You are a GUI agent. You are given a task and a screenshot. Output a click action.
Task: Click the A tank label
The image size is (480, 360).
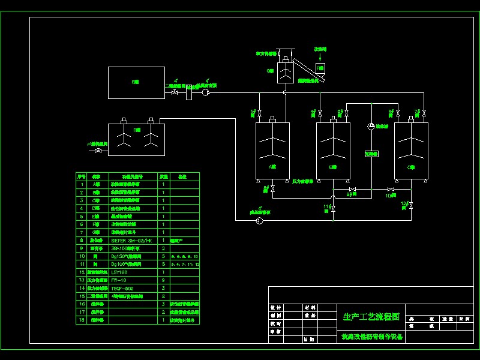click(x=271, y=167)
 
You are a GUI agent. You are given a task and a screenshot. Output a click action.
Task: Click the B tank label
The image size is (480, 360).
click(x=332, y=167)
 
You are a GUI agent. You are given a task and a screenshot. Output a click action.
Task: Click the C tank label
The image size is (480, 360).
click(x=411, y=167)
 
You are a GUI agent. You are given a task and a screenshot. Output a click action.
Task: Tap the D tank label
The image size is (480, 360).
click(x=137, y=130)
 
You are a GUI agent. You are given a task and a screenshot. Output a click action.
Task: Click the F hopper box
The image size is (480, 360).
click(x=320, y=68)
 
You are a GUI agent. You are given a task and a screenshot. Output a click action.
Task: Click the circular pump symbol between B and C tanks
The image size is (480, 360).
click(x=371, y=126)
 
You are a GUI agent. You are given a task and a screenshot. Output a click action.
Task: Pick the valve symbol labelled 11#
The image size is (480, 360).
click(x=333, y=208)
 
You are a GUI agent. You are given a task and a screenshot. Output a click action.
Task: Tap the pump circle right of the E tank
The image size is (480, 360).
click(x=205, y=92)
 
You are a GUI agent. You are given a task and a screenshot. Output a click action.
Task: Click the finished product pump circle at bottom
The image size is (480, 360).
click(x=259, y=221)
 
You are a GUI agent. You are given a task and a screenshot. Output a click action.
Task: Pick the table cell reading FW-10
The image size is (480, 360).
click(x=118, y=280)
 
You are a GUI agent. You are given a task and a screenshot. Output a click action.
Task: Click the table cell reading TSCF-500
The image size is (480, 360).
click(x=122, y=288)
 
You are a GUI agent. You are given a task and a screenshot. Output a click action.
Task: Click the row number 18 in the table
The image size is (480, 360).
click(x=82, y=320)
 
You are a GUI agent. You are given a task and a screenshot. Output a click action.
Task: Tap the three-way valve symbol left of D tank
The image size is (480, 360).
click(x=98, y=151)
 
